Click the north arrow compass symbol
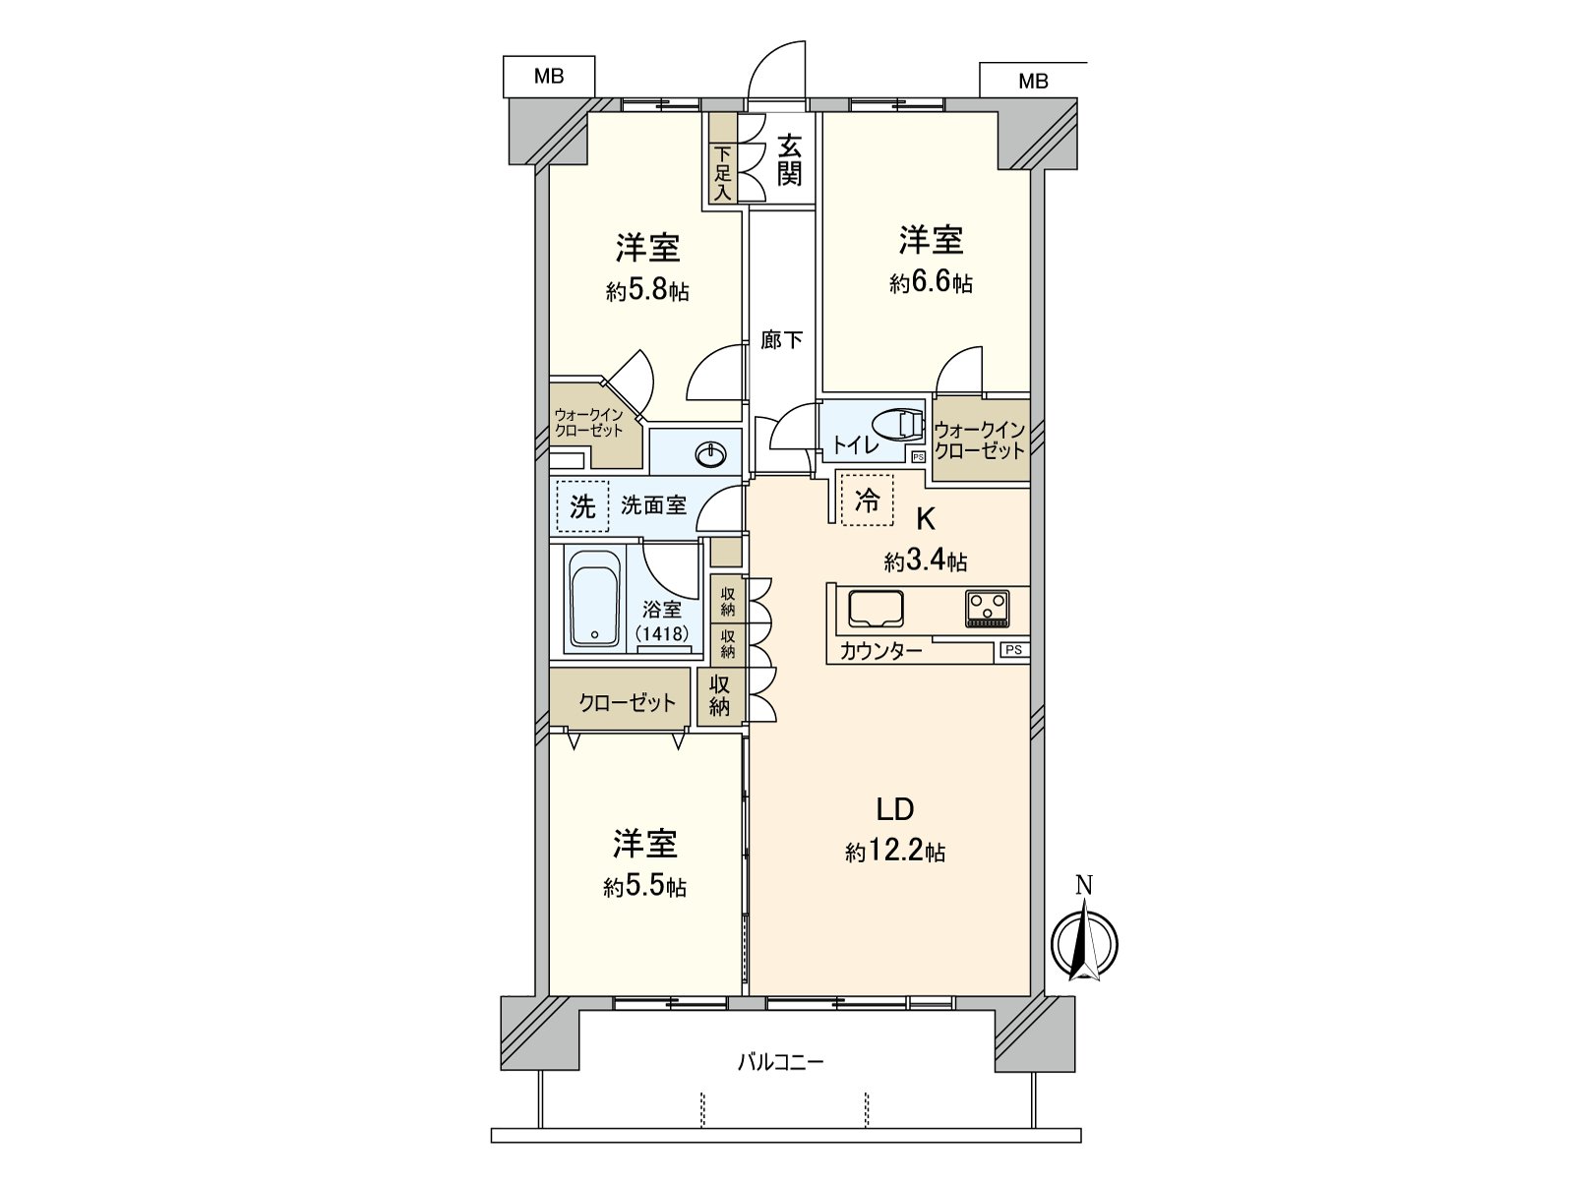tap(1085, 942)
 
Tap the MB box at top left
tap(549, 77)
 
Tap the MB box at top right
tap(1032, 81)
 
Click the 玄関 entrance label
tap(789, 160)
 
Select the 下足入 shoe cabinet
tap(723, 160)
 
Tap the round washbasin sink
tap(710, 453)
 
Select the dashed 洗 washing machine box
tap(582, 506)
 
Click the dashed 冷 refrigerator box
tap(867, 501)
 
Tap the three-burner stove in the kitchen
tap(986, 608)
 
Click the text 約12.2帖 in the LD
tap(895, 852)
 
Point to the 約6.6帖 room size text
tap(931, 284)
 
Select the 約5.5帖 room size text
tap(644, 887)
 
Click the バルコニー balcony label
tap(780, 1062)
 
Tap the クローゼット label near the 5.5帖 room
tap(627, 702)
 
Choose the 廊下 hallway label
tap(782, 340)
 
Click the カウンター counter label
tap(880, 650)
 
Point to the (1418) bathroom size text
tap(661, 633)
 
